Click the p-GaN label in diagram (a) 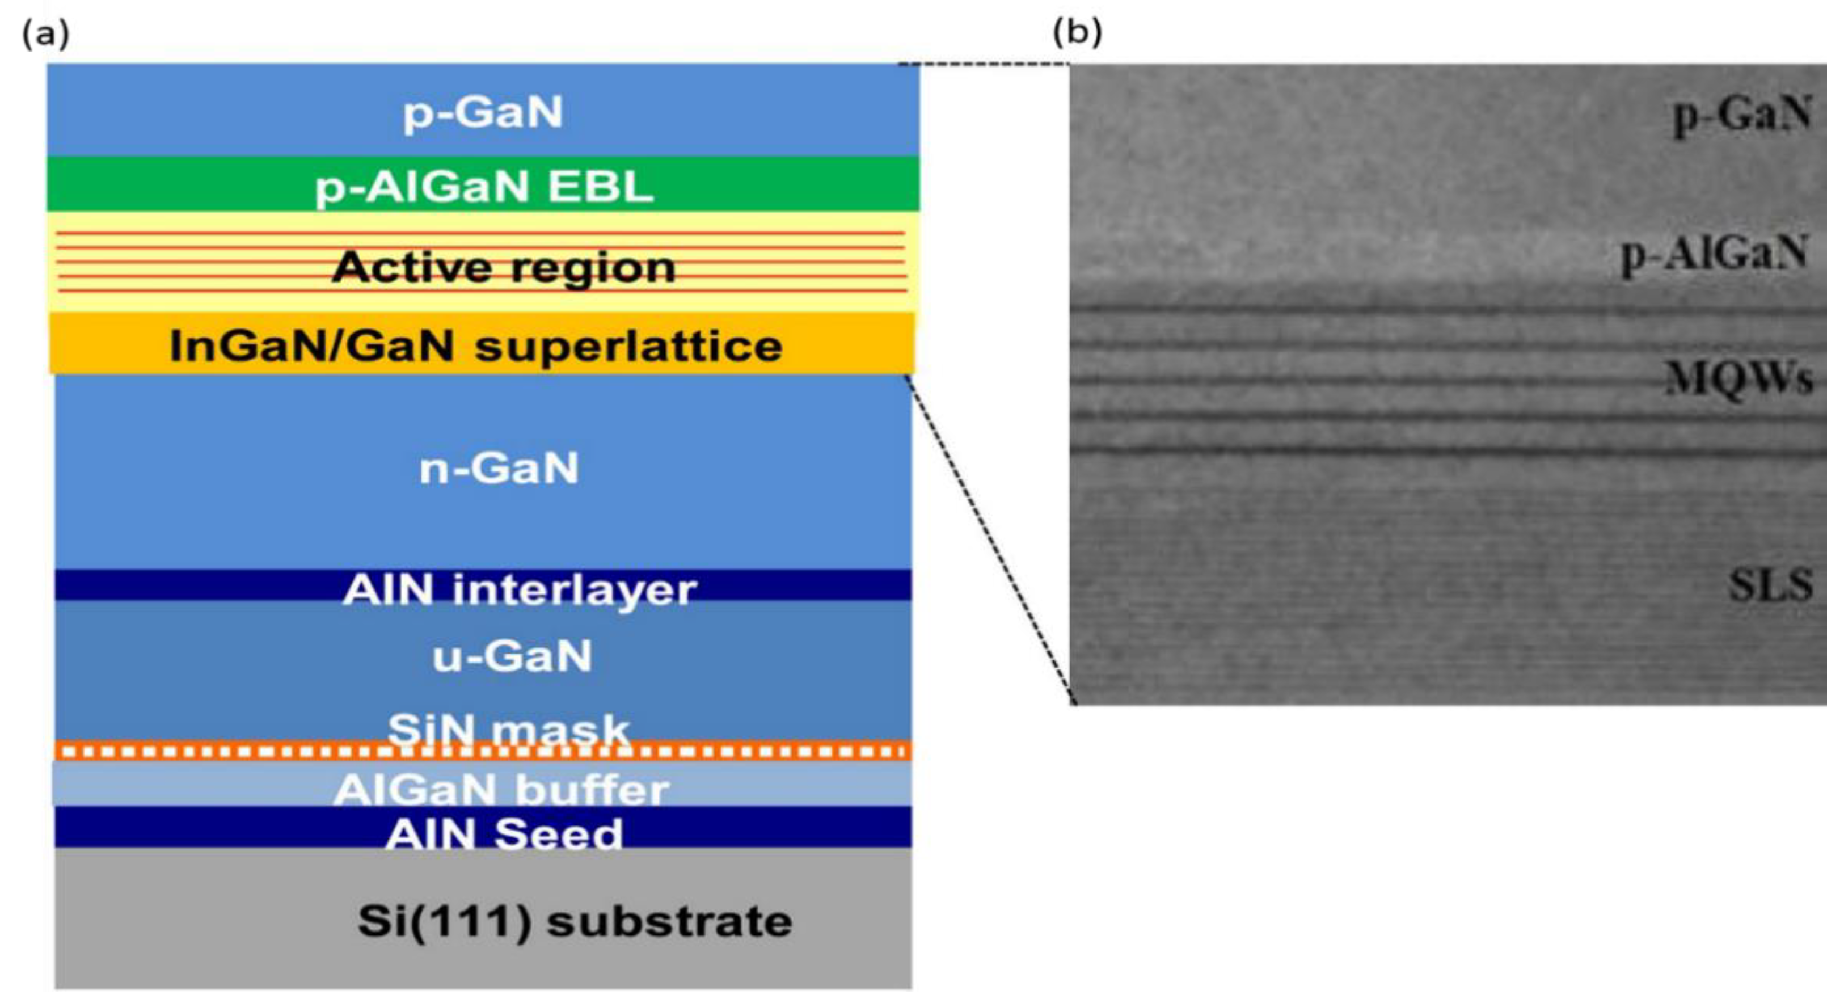(483, 112)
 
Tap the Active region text (503, 267)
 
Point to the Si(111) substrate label (575, 921)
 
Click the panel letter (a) (46, 33)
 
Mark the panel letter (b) (1077, 32)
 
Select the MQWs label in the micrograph (1740, 377)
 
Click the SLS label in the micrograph (1770, 585)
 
